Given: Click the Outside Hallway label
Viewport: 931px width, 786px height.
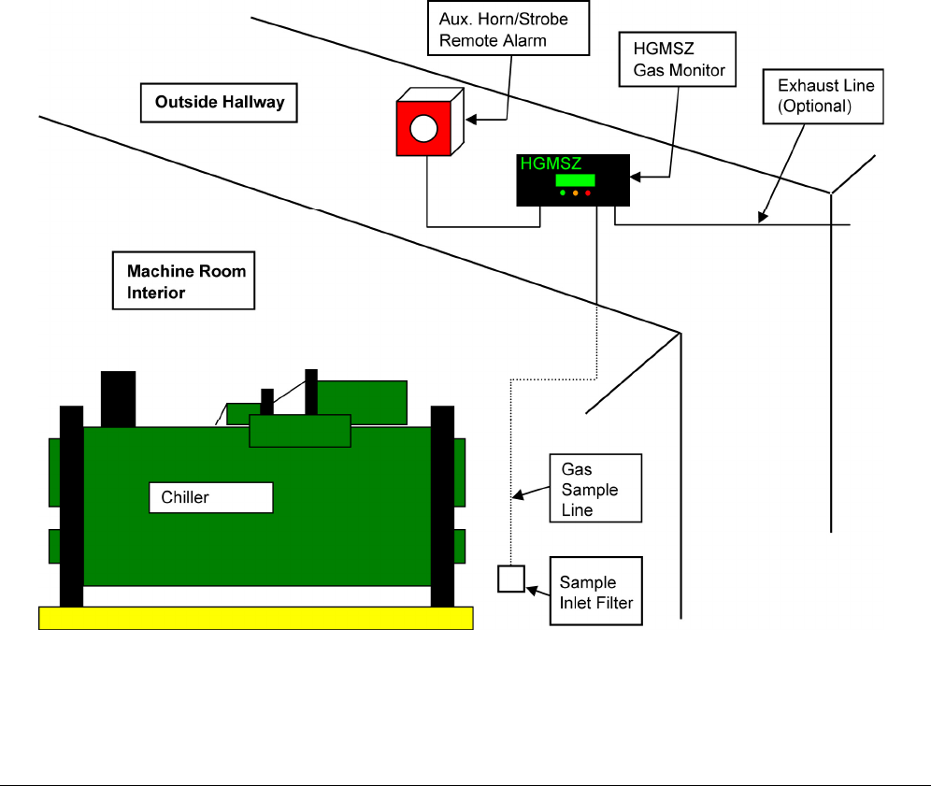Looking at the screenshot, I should pos(219,102).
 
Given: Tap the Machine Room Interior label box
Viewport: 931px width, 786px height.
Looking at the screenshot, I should pos(183,281).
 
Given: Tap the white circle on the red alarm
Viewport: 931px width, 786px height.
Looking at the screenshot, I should pos(424,127).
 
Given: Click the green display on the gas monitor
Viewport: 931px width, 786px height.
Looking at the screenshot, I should pos(575,180).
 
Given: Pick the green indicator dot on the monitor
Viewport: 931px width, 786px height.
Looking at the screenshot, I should pos(563,193).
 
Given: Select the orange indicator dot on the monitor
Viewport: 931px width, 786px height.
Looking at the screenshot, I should pos(576,193).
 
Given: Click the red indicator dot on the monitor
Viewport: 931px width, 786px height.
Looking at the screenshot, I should pos(589,193).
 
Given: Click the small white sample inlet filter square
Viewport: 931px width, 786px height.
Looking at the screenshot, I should pos(510,579).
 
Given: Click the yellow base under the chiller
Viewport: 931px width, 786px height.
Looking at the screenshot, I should pos(255,617).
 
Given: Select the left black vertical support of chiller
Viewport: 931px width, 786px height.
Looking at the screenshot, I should pos(71,505).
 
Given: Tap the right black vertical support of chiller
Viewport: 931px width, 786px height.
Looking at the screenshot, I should pos(442,505).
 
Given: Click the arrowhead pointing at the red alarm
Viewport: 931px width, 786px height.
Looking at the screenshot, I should pos(471,119).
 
